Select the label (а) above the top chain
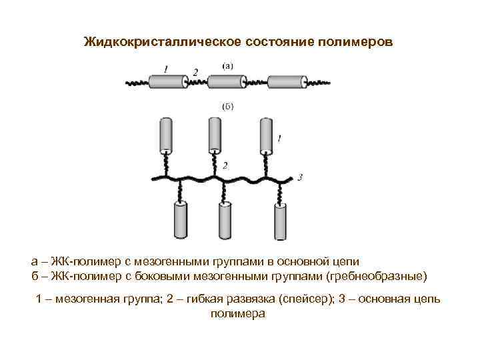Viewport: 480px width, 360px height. tap(227, 65)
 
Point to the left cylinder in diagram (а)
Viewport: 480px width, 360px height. tap(167, 82)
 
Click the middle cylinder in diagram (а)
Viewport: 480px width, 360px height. tap(227, 82)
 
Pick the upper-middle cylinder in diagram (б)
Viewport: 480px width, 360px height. tap(215, 135)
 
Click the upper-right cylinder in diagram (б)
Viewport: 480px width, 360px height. tap(265, 135)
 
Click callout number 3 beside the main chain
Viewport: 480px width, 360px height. tap(301, 177)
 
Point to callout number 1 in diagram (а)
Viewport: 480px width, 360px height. tap(166, 68)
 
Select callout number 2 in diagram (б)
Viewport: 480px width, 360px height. tap(225, 165)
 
